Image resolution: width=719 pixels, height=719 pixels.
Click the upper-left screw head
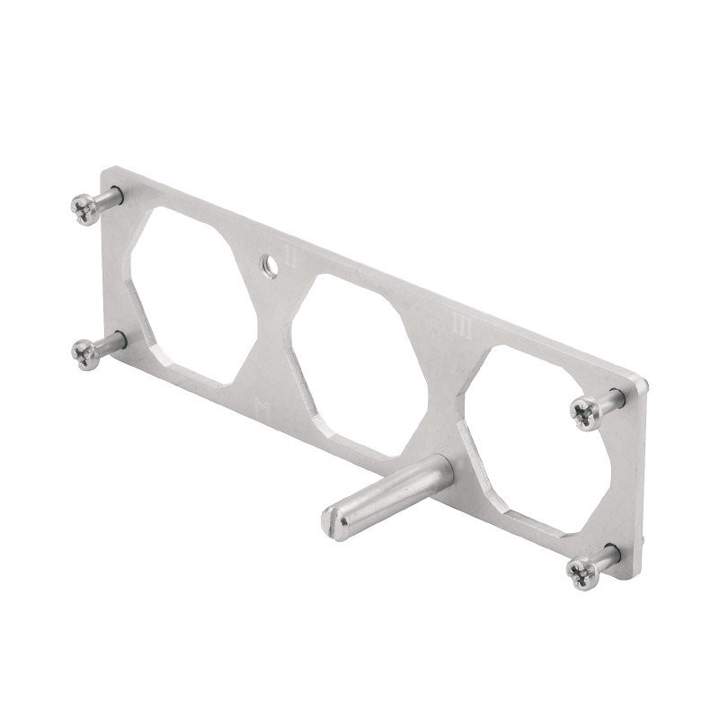point(84,209)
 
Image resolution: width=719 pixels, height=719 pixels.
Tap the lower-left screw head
point(86,354)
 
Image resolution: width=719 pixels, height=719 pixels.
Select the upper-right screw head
point(587,414)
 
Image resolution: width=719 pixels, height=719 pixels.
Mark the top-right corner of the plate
point(645,383)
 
